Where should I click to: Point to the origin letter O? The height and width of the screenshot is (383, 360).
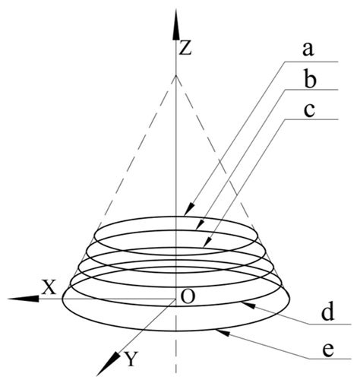pos(186,296)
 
